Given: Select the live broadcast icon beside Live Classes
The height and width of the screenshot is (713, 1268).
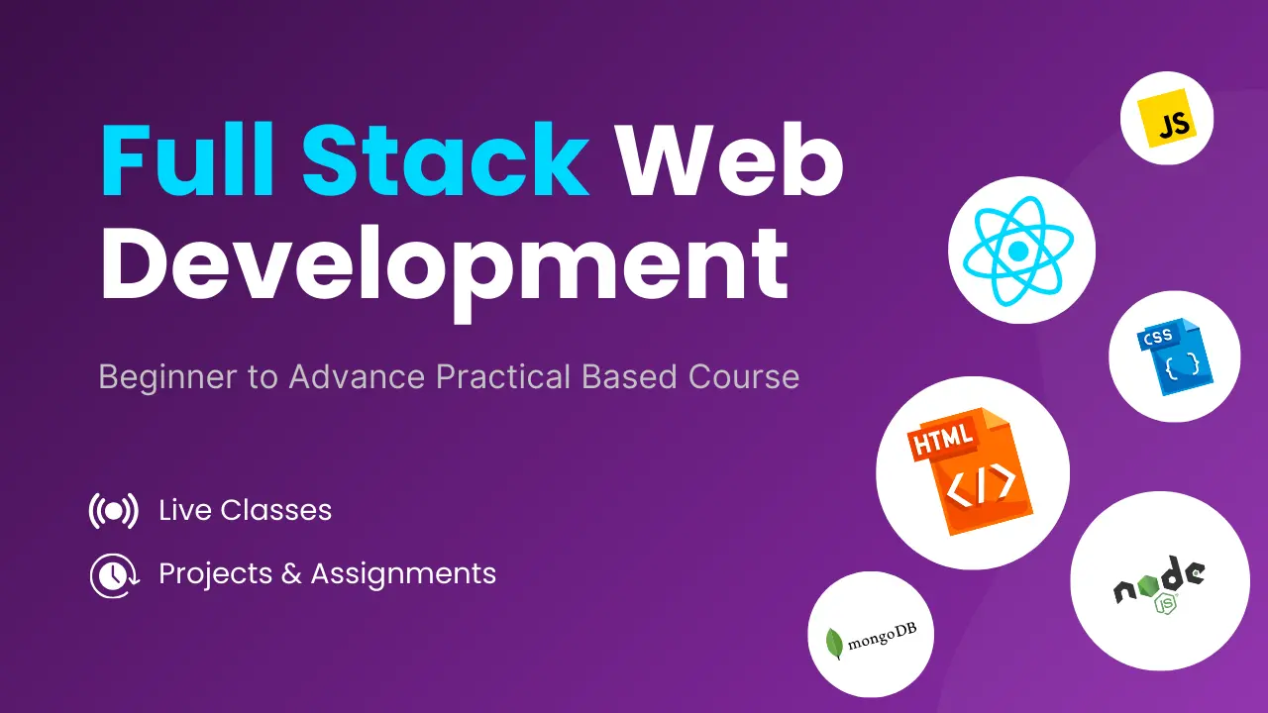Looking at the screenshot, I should tap(113, 511).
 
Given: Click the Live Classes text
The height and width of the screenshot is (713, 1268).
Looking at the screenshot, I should tap(245, 511).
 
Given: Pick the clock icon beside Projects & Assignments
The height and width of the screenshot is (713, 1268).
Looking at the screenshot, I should tap(113, 574).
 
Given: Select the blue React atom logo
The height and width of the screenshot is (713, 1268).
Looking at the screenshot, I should tap(1021, 250).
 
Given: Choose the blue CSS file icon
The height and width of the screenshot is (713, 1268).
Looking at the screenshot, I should tap(1174, 357).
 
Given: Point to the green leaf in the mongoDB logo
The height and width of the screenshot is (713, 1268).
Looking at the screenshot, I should tap(835, 643).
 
